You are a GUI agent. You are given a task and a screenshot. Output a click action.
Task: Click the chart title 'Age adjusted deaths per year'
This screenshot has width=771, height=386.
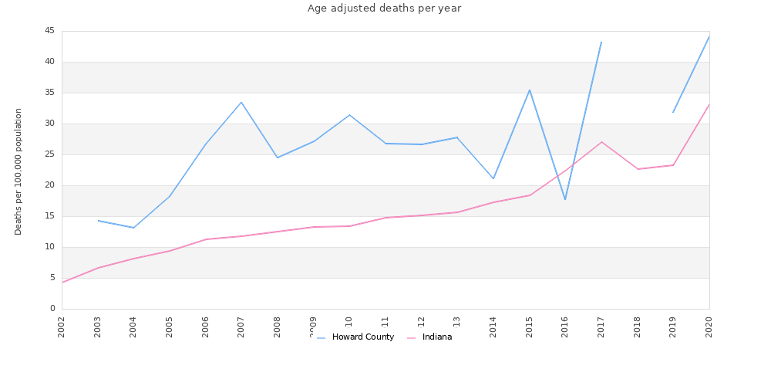coord(384,8)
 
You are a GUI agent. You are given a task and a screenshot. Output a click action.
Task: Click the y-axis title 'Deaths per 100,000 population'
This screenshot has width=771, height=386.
coord(19,171)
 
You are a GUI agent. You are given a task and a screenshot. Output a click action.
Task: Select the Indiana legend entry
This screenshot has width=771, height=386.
coord(436,337)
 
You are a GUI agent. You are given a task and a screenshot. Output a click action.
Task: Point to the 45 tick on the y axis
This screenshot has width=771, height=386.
coord(49,31)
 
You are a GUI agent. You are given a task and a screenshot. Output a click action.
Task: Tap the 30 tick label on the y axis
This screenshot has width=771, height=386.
coord(49,124)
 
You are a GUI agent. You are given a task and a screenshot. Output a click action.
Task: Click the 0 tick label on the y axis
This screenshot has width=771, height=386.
coord(52,309)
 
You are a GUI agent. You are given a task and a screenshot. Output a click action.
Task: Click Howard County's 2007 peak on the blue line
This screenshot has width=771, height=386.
coord(241,102)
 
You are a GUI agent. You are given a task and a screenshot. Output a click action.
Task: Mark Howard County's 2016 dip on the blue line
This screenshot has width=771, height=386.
coord(565,199)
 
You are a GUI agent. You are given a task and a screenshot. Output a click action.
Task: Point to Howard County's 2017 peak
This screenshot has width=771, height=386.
coord(601,42)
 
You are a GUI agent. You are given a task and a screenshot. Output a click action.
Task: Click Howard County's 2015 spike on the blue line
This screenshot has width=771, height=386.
coord(530,90)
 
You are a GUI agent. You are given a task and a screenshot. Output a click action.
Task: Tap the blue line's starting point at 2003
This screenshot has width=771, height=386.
coord(98,221)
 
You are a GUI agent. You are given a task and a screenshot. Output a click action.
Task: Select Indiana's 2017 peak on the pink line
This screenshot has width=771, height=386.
coord(601,142)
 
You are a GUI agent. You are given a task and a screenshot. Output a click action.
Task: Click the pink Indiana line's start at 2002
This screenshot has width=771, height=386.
coord(62,283)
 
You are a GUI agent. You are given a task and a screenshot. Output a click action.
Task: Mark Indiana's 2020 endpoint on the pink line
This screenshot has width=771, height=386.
coord(709,104)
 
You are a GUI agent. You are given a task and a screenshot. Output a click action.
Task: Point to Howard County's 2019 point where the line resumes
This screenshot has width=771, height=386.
coord(673,113)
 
